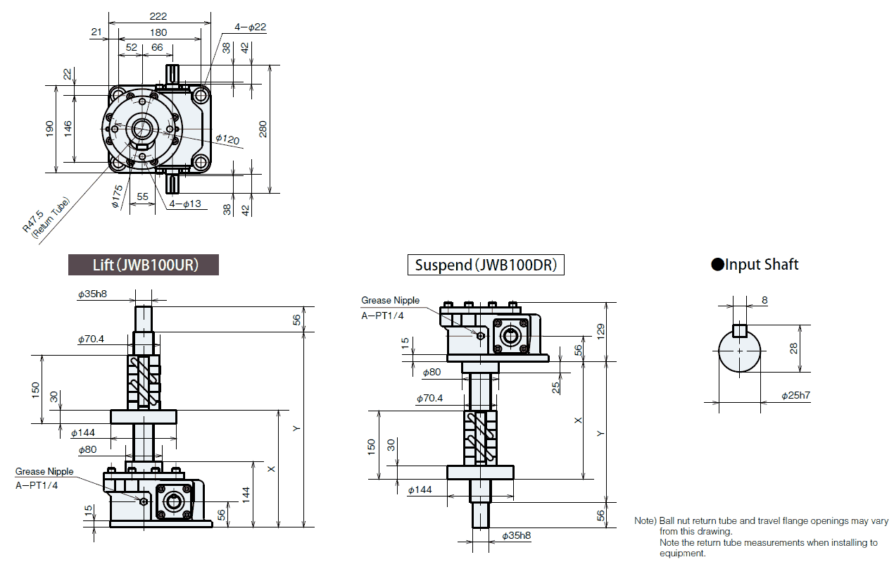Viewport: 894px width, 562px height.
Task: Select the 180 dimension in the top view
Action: tap(158, 32)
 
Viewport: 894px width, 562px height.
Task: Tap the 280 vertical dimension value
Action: tap(263, 129)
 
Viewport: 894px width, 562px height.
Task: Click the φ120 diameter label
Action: tap(227, 139)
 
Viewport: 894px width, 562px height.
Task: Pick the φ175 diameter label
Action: tap(116, 196)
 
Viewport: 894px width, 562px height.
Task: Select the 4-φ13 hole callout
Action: tap(184, 204)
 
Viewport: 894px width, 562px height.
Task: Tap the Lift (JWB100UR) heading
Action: tap(144, 265)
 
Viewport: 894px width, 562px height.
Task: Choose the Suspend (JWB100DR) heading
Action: tap(486, 265)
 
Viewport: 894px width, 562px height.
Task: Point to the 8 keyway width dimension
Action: tap(764, 300)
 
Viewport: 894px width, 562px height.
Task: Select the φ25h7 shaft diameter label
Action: tap(795, 396)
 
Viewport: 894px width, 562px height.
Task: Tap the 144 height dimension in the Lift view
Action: tap(246, 494)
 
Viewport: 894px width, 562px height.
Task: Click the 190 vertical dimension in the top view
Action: tap(50, 129)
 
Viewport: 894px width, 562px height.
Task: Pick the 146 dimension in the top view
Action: tap(68, 129)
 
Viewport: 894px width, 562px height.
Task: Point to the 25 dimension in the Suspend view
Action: tap(555, 387)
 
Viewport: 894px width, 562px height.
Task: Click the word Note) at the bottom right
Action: tap(645, 521)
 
